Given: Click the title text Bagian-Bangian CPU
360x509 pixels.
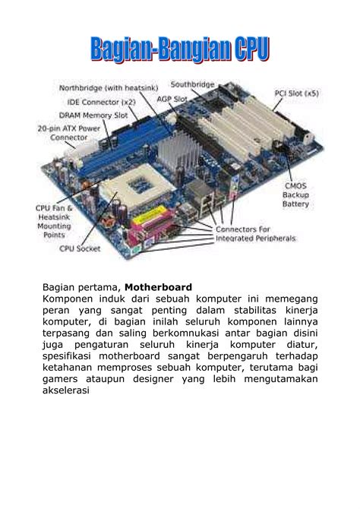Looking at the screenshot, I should tap(180, 51).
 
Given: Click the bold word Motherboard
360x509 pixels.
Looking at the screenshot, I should tap(159, 287).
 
